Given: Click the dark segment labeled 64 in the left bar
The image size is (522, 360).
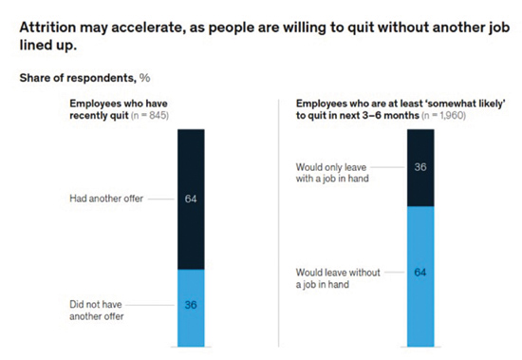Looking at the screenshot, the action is [191, 199].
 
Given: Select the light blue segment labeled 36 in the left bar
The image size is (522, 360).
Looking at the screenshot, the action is [191, 308].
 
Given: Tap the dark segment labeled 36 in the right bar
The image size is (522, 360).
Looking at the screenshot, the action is [420, 168].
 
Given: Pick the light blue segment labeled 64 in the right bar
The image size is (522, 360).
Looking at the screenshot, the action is [420, 276].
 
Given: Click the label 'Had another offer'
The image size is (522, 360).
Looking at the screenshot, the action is [106, 199].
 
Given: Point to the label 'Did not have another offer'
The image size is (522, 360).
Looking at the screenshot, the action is [97, 311].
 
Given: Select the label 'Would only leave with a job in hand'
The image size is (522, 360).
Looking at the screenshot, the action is [332, 173].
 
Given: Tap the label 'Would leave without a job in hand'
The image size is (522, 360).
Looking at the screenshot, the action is [338, 278].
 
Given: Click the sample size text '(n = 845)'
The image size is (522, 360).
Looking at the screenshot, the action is [150, 116].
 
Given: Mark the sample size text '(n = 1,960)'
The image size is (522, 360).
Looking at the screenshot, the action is [443, 116].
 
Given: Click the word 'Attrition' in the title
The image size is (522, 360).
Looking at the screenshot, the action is [47, 28].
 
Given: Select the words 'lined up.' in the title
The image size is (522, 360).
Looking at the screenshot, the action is [48, 46].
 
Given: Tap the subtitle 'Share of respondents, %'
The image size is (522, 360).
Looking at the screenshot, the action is [84, 78].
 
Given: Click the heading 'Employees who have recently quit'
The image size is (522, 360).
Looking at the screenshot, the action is [119, 109].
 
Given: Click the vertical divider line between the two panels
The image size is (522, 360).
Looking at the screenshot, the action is [279, 222].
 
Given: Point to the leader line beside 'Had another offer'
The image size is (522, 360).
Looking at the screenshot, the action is [161, 199].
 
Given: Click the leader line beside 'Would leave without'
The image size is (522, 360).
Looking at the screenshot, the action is [395, 273].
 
